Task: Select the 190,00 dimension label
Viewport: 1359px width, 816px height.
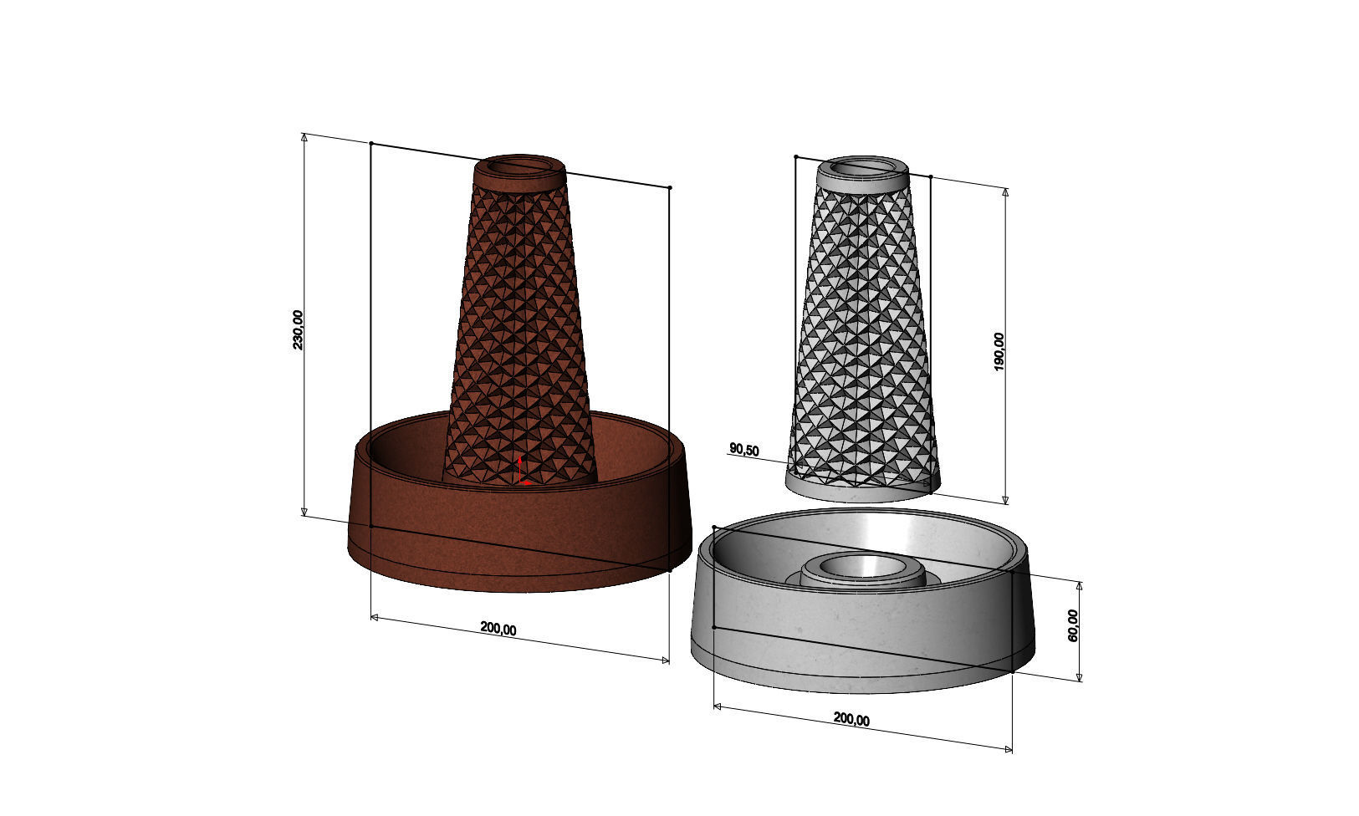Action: pyautogui.click(x=999, y=351)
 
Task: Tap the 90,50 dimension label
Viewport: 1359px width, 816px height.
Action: pyautogui.click(x=743, y=450)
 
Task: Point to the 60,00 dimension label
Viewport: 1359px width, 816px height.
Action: pyautogui.click(x=1073, y=625)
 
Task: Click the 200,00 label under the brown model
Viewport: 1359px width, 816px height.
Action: pyautogui.click(x=498, y=629)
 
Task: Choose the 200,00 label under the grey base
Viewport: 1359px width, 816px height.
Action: pyautogui.click(x=851, y=719)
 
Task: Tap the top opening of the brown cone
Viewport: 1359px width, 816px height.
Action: pyautogui.click(x=519, y=166)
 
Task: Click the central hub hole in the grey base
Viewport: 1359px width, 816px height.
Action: pyautogui.click(x=861, y=565)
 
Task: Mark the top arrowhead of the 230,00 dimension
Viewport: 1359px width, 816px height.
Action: pyautogui.click(x=305, y=138)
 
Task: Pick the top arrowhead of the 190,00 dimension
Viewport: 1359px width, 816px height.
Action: pyautogui.click(x=1005, y=193)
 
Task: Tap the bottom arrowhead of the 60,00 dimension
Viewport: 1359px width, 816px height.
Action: pyautogui.click(x=1080, y=676)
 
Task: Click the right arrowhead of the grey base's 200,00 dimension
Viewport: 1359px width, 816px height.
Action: pyautogui.click(x=1008, y=748)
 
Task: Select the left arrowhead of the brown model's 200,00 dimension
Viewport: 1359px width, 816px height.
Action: pyautogui.click(x=375, y=618)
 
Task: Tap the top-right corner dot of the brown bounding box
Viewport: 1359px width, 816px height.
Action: pyautogui.click(x=670, y=187)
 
